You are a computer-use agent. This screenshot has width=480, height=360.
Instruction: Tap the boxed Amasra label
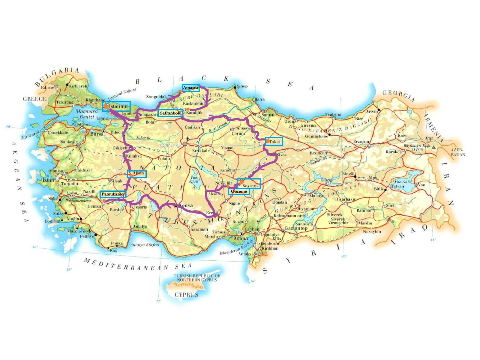(x=190, y=88)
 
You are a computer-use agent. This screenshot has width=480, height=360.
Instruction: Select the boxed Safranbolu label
(x=170, y=113)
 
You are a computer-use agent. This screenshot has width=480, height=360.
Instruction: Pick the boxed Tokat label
(x=274, y=142)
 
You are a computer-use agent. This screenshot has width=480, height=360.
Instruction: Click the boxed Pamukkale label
(x=112, y=194)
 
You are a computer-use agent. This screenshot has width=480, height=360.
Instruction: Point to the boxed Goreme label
(x=239, y=191)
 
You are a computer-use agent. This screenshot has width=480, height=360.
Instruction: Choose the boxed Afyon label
(x=137, y=173)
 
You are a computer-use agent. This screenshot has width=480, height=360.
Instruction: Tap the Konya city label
(x=186, y=206)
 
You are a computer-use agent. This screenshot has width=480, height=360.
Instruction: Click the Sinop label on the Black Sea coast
(x=242, y=86)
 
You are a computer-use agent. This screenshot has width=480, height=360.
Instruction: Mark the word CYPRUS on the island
(x=186, y=295)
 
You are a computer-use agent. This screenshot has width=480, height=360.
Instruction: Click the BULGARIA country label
(x=57, y=76)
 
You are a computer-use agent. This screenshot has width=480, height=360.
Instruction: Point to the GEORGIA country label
(x=399, y=96)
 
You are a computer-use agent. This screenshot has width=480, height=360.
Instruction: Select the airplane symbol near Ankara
(x=188, y=139)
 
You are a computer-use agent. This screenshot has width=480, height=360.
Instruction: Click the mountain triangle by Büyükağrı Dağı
(x=433, y=147)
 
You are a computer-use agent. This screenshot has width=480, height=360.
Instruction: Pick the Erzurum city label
(x=361, y=142)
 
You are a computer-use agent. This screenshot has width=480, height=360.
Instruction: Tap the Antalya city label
(x=140, y=226)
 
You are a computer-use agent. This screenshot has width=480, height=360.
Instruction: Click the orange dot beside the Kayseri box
(x=241, y=182)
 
